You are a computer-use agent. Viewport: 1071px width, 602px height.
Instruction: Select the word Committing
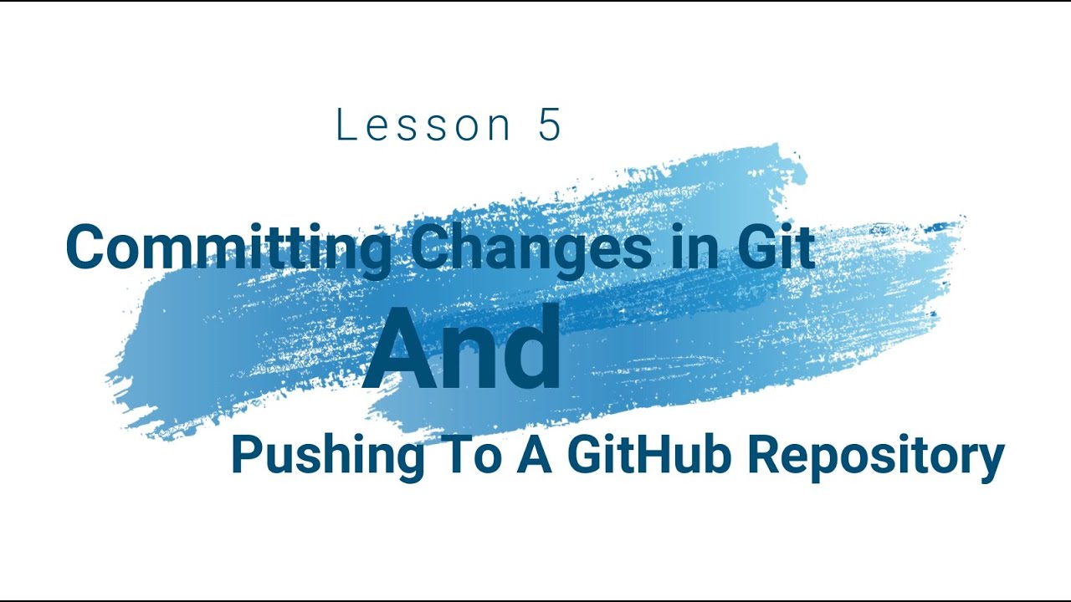[228, 248]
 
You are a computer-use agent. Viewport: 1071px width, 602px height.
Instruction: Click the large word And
[462, 349]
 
